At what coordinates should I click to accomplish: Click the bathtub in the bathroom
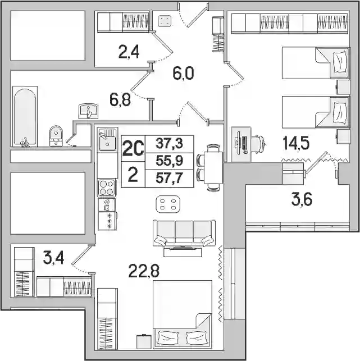[25, 116]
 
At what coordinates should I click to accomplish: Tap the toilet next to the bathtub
[56, 136]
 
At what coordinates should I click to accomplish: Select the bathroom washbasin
[88, 111]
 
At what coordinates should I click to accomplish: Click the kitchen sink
[108, 140]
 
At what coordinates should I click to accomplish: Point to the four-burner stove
[107, 188]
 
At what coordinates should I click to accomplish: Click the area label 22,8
[144, 271]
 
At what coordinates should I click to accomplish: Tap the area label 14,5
[296, 143]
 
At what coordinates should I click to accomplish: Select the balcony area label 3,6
[302, 199]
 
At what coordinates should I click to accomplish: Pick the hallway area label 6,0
[183, 73]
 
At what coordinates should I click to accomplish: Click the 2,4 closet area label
[129, 52]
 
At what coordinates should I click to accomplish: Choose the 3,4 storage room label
[53, 259]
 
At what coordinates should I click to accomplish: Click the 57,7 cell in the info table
[169, 178]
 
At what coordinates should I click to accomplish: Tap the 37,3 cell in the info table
[169, 144]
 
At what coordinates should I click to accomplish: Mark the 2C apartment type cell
[133, 148]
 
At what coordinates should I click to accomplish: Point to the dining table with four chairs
[209, 168]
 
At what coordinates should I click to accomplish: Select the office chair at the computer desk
[258, 144]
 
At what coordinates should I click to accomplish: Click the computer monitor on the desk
[239, 143]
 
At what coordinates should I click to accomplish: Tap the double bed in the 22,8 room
[183, 314]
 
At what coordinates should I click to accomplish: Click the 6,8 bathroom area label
[120, 100]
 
